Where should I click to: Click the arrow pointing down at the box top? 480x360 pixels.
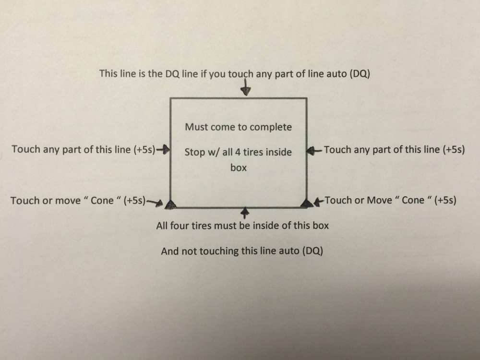coord(245,88)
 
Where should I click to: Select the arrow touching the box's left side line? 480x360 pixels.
coord(163,149)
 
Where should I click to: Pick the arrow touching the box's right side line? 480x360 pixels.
coord(314,150)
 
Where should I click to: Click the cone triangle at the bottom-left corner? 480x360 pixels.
coord(170,204)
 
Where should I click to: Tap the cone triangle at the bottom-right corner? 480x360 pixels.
coord(307,203)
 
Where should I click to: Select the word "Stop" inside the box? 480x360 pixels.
coord(194,152)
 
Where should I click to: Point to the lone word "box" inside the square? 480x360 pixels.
coord(239,168)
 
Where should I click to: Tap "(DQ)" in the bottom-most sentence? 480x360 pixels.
coord(312,251)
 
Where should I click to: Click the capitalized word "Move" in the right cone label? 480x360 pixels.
coord(380,200)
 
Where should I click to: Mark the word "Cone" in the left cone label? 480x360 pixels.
coord(102,201)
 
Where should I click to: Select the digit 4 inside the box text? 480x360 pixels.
coord(238,152)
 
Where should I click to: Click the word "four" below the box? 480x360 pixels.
coord(180,226)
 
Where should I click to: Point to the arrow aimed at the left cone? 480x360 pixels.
coord(155,203)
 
